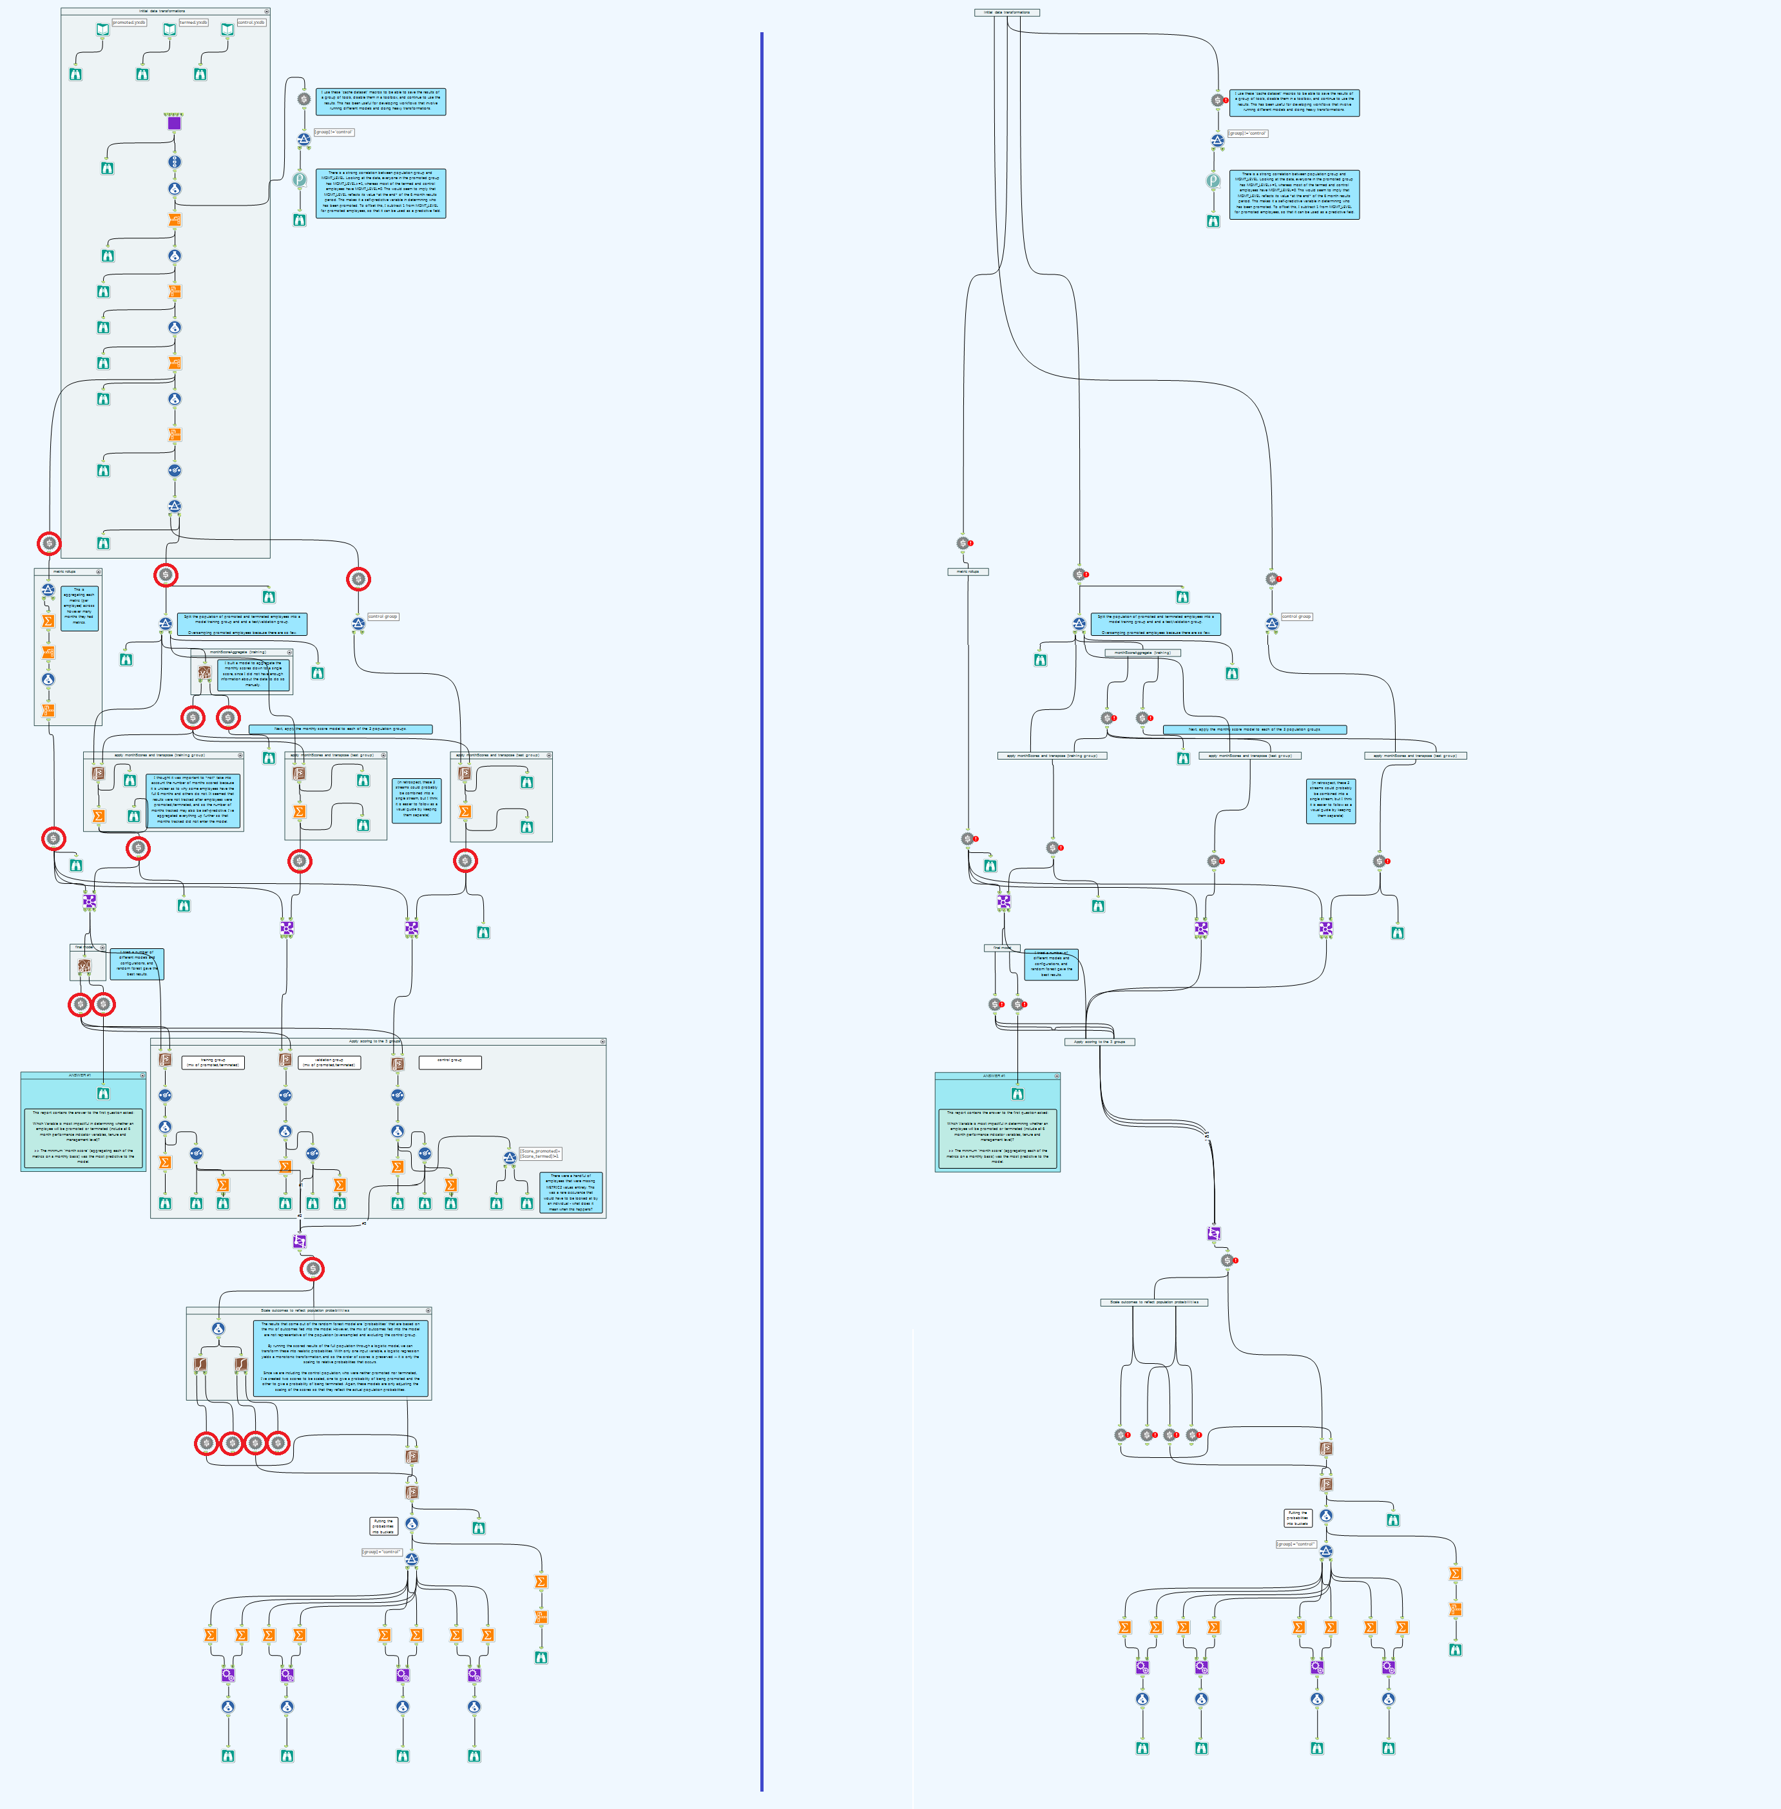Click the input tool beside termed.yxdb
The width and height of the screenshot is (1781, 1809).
(169, 30)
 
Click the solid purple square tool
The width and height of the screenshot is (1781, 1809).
(174, 122)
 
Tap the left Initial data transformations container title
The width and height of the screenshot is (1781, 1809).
(163, 11)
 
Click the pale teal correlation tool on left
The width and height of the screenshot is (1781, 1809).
(300, 180)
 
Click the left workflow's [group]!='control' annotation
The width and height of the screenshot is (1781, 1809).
(334, 132)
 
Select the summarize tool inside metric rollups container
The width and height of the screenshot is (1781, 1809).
(48, 620)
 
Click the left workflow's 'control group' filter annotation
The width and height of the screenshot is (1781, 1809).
(383, 617)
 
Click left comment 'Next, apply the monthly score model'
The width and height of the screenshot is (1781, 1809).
(340, 729)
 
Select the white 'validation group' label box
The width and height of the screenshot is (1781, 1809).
(329, 1062)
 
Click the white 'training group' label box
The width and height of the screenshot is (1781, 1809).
(213, 1062)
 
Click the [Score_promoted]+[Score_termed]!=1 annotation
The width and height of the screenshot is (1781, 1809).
(541, 1153)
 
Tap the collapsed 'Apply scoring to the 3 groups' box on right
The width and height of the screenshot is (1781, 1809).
(1099, 1041)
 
